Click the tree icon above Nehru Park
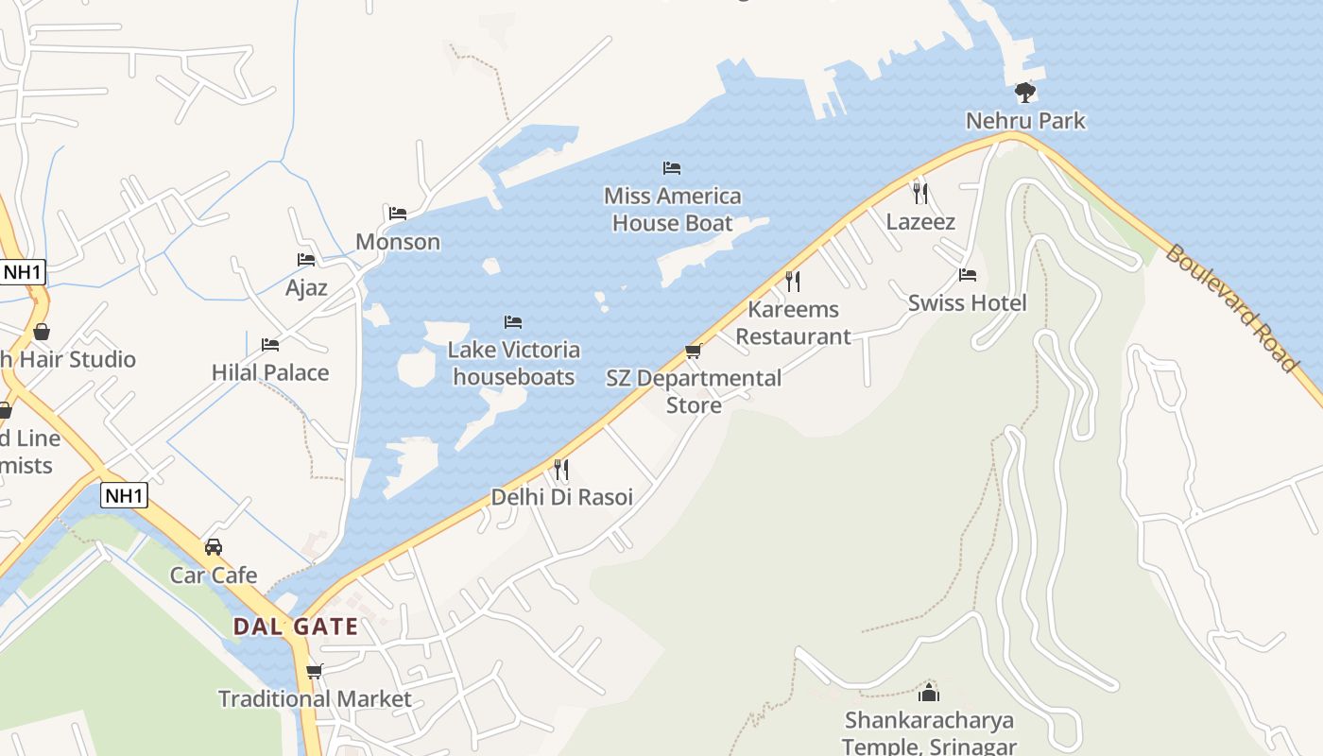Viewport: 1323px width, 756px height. pyautogui.click(x=1025, y=93)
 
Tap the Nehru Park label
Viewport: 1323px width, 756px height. pyautogui.click(x=1025, y=121)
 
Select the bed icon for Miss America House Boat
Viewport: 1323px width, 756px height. pyautogui.click(x=672, y=168)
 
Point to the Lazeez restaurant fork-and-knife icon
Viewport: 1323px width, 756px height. pyautogui.click(x=920, y=194)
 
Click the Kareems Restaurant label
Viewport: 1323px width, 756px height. pyautogui.click(x=793, y=323)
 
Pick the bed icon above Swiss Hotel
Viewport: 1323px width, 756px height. pyautogui.click(x=967, y=275)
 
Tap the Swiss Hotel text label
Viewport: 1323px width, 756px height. pyautogui.click(x=967, y=303)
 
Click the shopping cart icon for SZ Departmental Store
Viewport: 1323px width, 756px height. pyautogui.click(x=693, y=352)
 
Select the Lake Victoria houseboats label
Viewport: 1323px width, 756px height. pyautogui.click(x=513, y=364)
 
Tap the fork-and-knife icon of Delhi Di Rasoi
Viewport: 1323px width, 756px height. pyautogui.click(x=561, y=469)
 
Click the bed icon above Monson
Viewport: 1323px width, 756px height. pyautogui.click(x=398, y=214)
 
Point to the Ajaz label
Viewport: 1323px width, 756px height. pyautogui.click(x=306, y=287)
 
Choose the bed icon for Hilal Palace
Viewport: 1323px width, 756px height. pyautogui.click(x=270, y=345)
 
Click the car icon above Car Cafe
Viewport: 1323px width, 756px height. pyautogui.click(x=214, y=547)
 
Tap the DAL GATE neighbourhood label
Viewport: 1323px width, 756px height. pyautogui.click(x=296, y=627)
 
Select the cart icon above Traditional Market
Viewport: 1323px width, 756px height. pyautogui.click(x=315, y=672)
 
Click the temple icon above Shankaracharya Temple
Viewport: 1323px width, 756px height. pyautogui.click(x=929, y=692)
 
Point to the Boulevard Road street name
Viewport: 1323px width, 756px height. pyautogui.click(x=1230, y=307)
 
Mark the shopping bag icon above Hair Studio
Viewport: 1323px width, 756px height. pyautogui.click(x=42, y=332)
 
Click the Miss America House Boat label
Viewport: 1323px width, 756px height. pyautogui.click(x=673, y=210)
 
